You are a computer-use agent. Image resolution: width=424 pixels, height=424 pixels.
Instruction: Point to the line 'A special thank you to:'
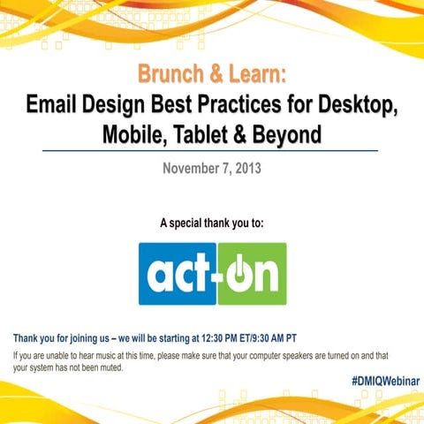click(x=211, y=223)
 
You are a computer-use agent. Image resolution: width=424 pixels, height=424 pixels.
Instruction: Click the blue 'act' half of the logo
click(x=178, y=274)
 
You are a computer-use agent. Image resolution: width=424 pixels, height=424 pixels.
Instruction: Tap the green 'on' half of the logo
click(x=251, y=274)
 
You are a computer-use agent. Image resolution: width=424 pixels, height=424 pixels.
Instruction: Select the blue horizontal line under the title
click(x=212, y=152)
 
